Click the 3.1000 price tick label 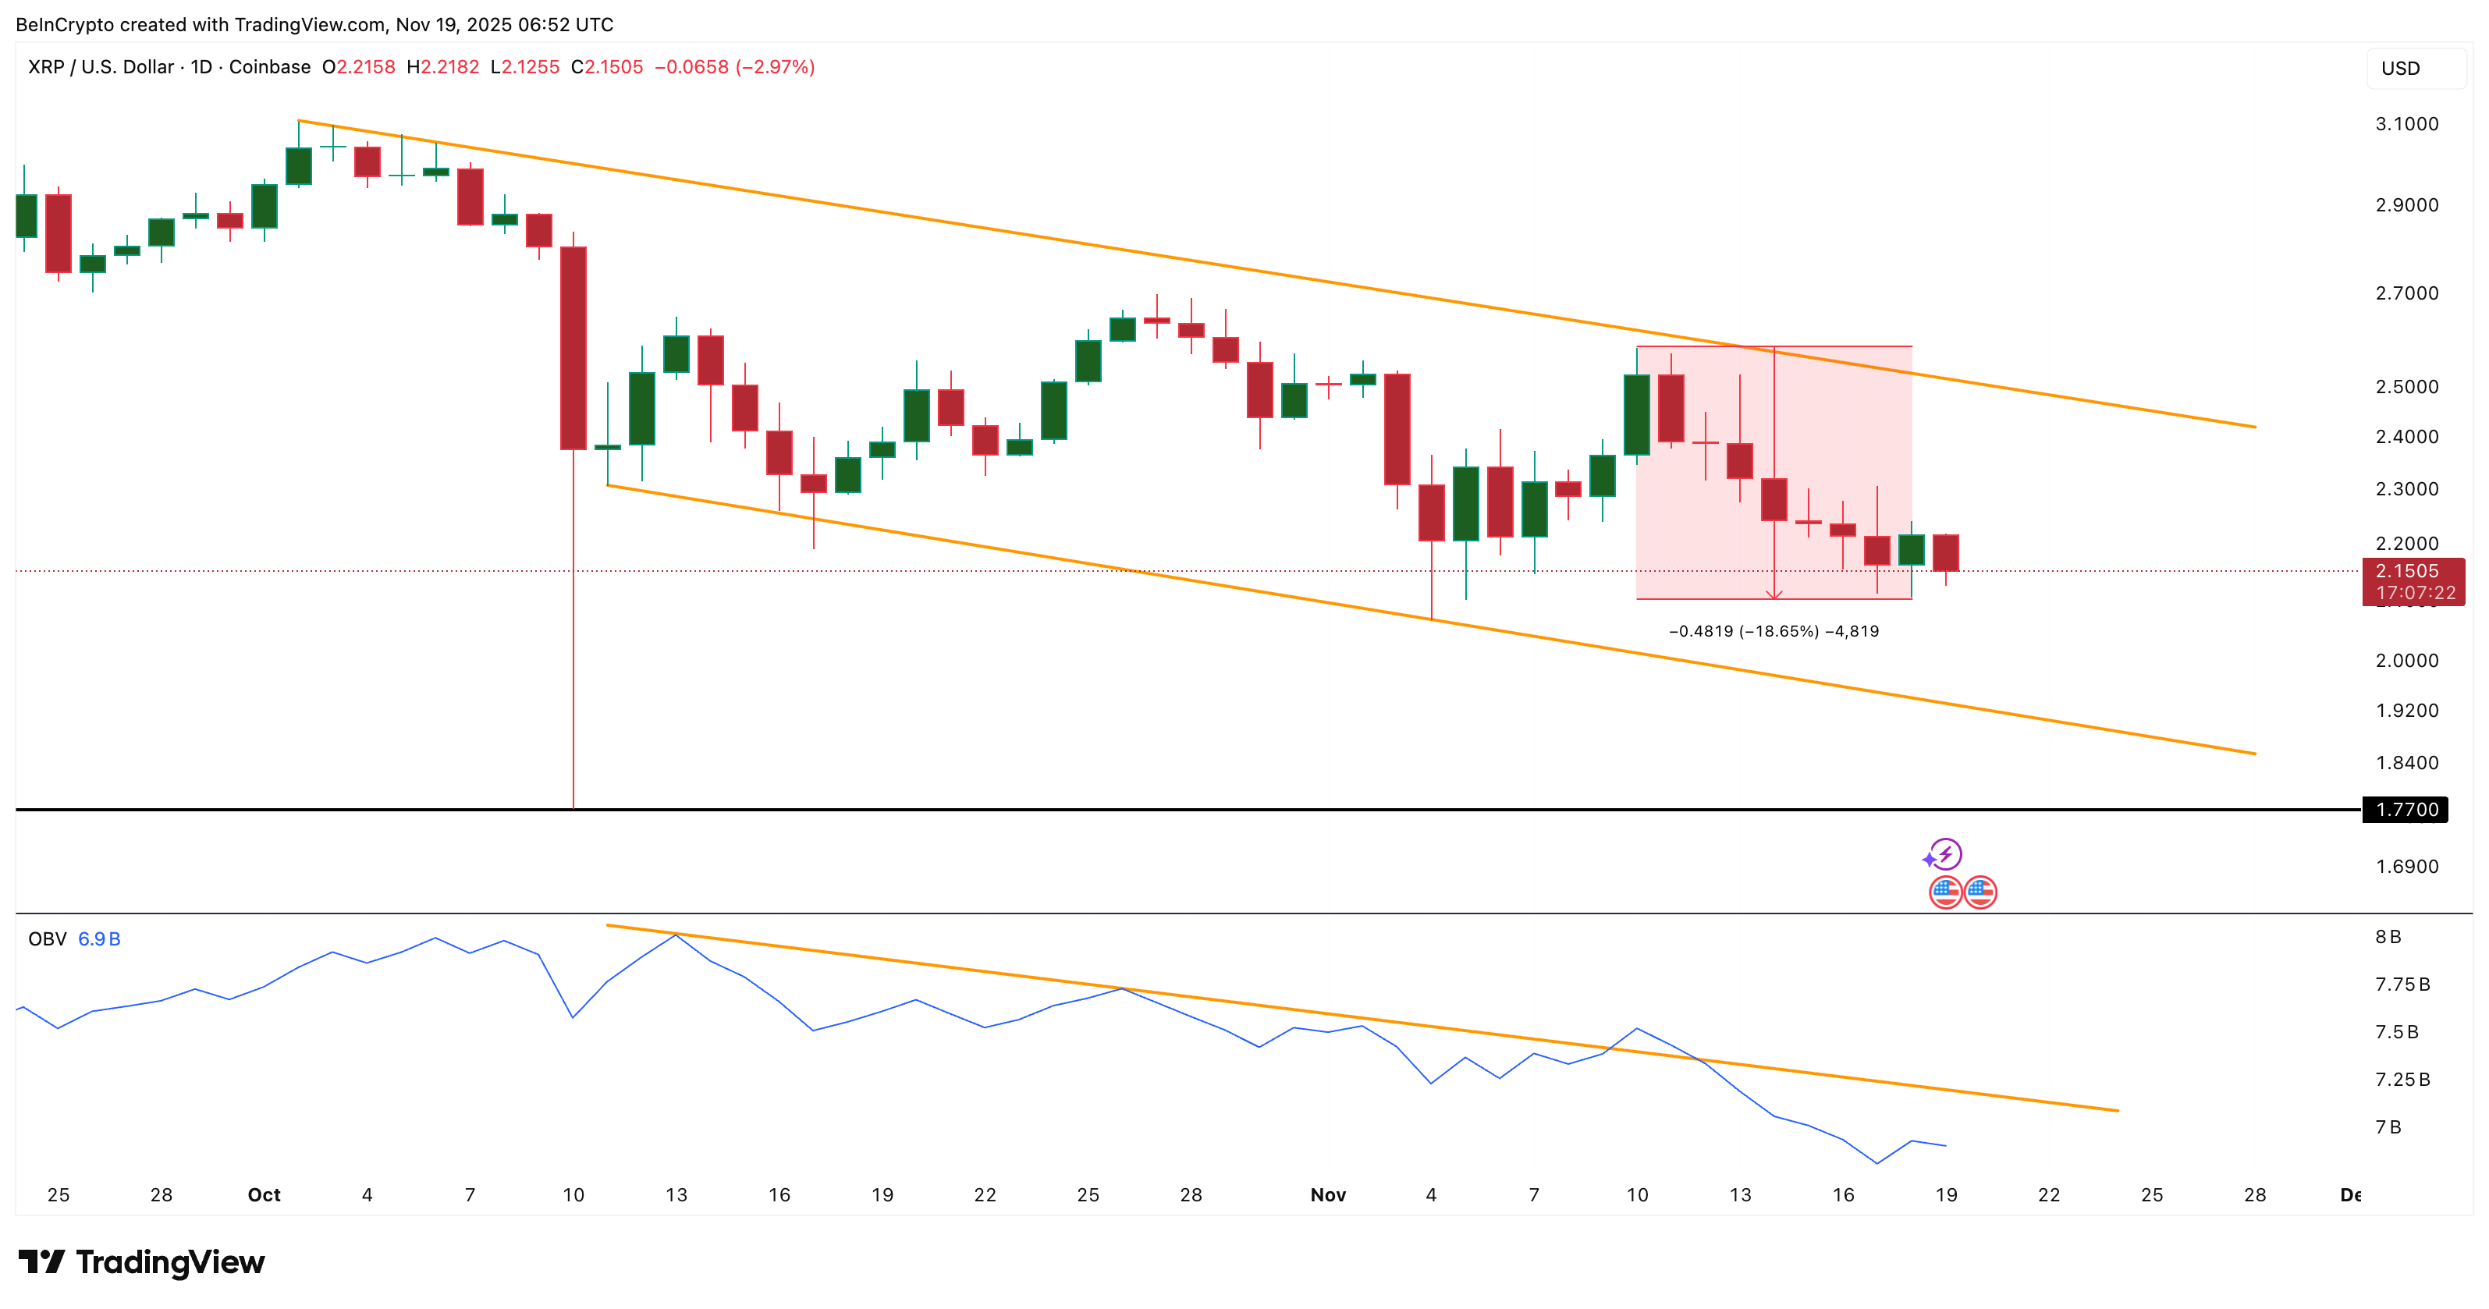pos(2406,124)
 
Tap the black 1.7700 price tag pos(2406,810)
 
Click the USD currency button pos(2400,69)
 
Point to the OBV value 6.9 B pos(98,939)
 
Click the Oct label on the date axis pos(264,1195)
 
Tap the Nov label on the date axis pos(1327,1195)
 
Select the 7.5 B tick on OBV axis pos(2396,1032)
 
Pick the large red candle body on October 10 pos(573,348)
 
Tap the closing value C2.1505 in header pos(607,66)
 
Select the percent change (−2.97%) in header pos(775,66)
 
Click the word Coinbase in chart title pos(270,66)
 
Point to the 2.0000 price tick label pos(2406,661)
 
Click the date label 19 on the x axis pos(1946,1195)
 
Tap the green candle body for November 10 pos(1637,414)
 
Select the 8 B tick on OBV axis pos(2388,937)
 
